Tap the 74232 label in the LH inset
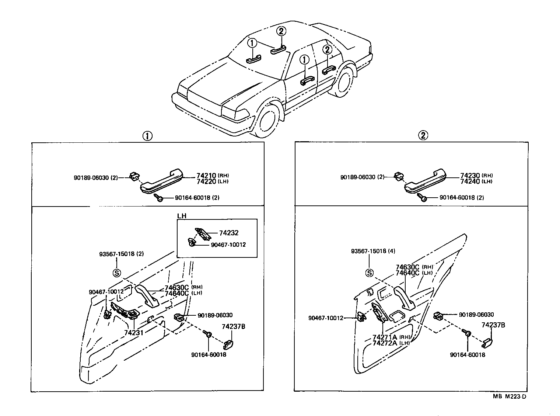[x=229, y=233]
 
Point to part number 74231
[x=134, y=332]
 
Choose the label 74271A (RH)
[x=391, y=337]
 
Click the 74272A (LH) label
[x=391, y=343]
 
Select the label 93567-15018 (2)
[x=121, y=254]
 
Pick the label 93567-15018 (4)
[x=372, y=251]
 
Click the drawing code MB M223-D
[x=510, y=396]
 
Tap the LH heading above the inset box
[x=182, y=215]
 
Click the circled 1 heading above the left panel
[x=147, y=136]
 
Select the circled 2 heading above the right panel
[x=423, y=135]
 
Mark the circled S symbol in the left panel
[x=116, y=273]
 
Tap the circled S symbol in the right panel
[x=369, y=273]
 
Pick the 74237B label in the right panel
[x=493, y=325]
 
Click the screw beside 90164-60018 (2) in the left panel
[x=160, y=198]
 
